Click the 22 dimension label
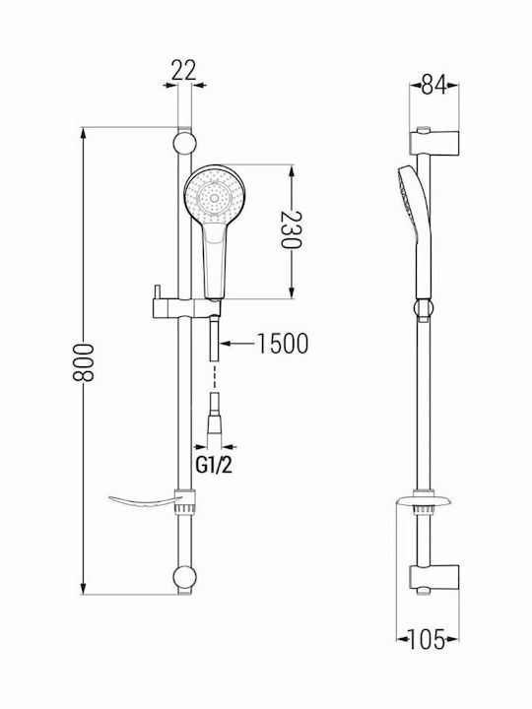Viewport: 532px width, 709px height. click(183, 71)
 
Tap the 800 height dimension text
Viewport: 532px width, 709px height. click(84, 362)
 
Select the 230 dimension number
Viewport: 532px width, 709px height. click(291, 230)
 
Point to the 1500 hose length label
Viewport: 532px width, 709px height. click(283, 344)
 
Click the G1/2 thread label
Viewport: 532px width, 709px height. click(214, 465)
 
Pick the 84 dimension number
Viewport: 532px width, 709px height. click(433, 85)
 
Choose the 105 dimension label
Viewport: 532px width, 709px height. click(427, 639)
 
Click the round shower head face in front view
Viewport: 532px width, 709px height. click(214, 195)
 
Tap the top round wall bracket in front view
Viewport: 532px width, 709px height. click(184, 143)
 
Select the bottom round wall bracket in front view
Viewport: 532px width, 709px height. click(184, 577)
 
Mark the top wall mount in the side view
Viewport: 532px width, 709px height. click(434, 143)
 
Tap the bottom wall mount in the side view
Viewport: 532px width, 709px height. click(434, 577)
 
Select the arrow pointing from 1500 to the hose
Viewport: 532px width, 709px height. click(237, 344)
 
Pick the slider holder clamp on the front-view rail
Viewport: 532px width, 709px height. click(186, 307)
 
